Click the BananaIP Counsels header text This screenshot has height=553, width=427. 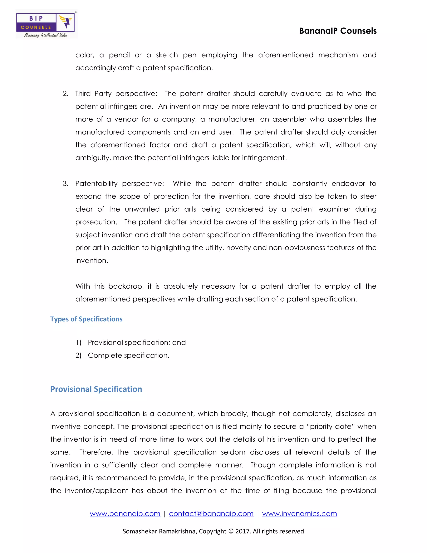(x=338, y=31)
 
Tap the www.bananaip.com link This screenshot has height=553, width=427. (x=125, y=514)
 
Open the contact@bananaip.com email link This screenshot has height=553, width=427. (x=211, y=514)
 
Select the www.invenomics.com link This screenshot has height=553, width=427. (x=300, y=514)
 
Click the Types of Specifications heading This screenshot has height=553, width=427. (x=86, y=319)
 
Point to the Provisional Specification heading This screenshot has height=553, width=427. (x=96, y=389)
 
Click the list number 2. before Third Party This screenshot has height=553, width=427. (x=65, y=94)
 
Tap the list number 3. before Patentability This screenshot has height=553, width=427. (x=65, y=184)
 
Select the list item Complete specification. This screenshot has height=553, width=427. (x=128, y=356)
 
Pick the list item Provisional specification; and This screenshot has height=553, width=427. (x=137, y=343)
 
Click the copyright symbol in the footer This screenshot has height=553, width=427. (x=231, y=531)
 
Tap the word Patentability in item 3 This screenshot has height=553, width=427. (x=96, y=184)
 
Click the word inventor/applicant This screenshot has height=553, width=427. (x=96, y=491)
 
